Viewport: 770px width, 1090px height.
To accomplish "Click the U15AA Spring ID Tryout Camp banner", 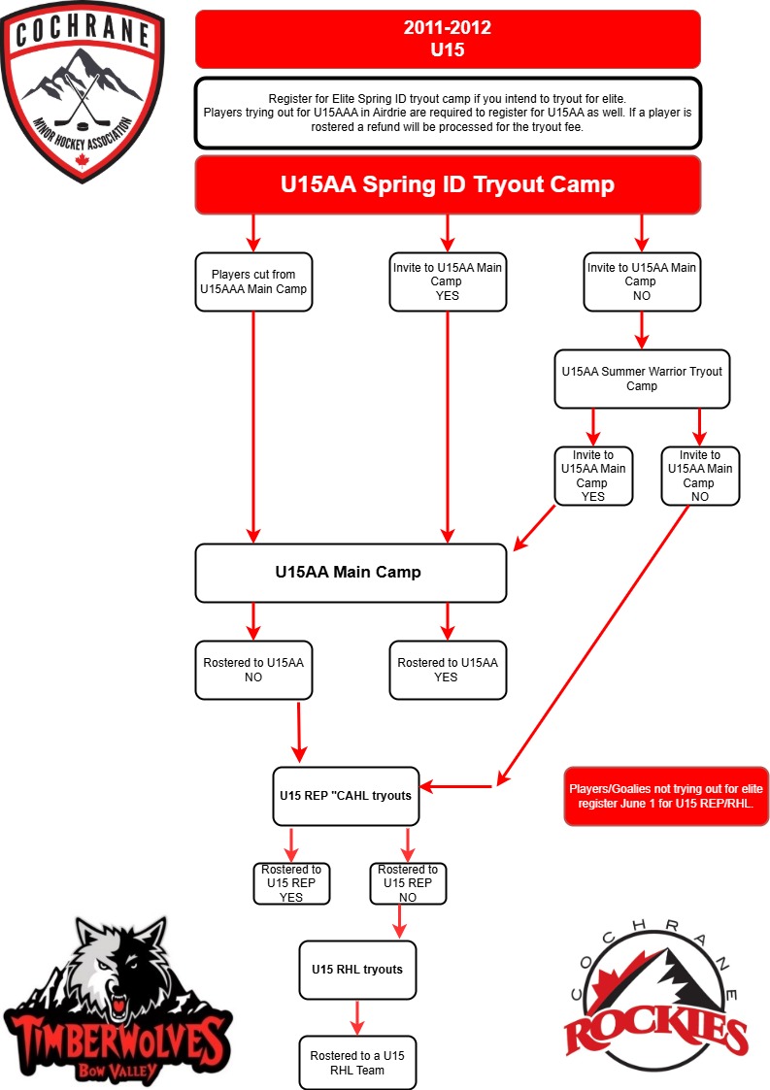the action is (448, 185).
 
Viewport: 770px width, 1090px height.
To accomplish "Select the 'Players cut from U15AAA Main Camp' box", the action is (253, 281).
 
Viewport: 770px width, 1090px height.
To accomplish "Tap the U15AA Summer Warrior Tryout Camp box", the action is (642, 379).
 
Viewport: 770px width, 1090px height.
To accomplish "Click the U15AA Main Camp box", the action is (351, 573).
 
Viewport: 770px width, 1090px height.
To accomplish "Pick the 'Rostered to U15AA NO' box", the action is (253, 670).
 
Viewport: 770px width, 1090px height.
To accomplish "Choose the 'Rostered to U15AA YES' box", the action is (448, 670).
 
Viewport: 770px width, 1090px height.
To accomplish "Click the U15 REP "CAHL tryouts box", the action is (346, 796).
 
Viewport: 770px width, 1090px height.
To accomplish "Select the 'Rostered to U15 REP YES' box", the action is (290, 883).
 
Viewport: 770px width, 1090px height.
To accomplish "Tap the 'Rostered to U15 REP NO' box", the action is (408, 883).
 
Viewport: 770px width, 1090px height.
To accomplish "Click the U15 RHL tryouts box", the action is (357, 970).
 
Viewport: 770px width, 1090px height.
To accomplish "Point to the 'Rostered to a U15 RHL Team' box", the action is (357, 1063).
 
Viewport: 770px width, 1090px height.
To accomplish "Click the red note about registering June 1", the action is (666, 796).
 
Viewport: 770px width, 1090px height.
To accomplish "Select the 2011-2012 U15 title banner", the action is (448, 39).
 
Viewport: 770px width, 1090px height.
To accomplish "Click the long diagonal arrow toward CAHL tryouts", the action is (593, 645).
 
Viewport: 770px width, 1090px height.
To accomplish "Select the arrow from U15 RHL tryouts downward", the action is (357, 1018).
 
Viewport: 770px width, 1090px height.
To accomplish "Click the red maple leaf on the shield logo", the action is (83, 161).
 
